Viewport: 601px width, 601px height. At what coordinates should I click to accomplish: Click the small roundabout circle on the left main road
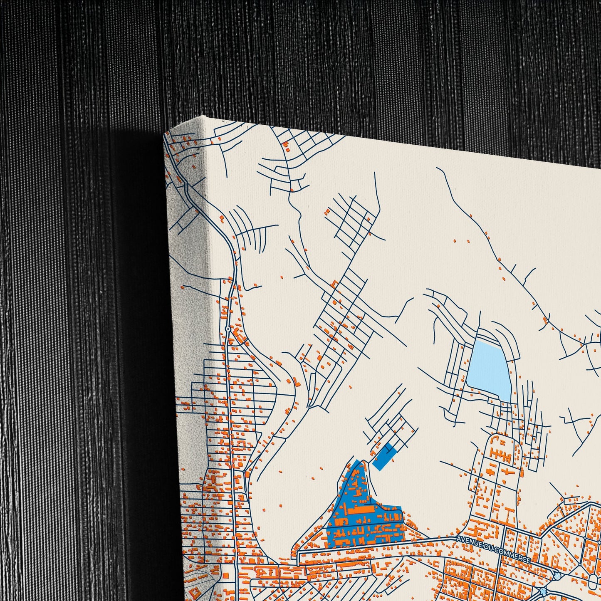tap(228, 329)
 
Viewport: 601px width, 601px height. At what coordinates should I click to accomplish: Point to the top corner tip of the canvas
tap(203, 115)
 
